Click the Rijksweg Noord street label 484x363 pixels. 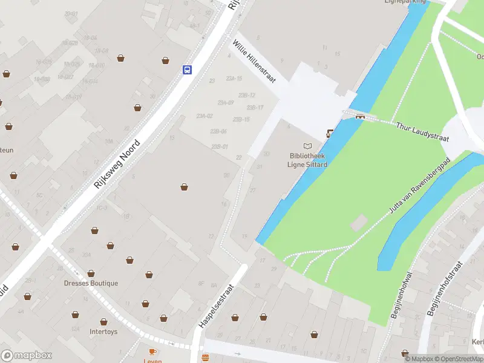[117, 163]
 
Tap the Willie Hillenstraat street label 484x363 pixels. [254, 61]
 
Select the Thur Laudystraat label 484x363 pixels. [423, 132]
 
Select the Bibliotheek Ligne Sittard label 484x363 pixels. [308, 160]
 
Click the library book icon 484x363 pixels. [308, 146]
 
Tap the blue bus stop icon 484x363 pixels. [188, 70]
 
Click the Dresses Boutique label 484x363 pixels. [91, 283]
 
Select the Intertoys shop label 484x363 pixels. [103, 332]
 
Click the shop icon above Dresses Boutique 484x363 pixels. [91, 273]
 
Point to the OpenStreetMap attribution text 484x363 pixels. [457, 359]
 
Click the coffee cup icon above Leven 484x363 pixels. [152, 351]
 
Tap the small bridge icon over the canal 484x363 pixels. [360, 116]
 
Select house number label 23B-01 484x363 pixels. [220, 146]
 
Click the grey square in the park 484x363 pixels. [358, 223]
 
